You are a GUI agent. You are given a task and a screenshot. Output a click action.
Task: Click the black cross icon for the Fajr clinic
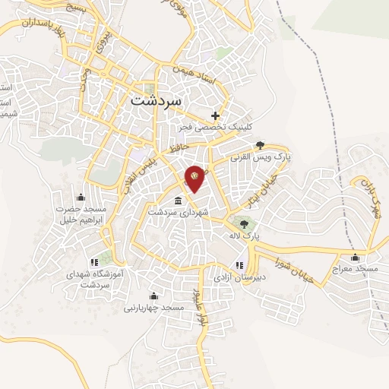(217, 116)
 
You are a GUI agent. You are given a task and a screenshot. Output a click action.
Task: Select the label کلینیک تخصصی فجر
(209, 127)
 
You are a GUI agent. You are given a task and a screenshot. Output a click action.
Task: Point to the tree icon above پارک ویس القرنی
(261, 144)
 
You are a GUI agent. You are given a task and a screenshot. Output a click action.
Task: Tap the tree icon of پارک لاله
(243, 223)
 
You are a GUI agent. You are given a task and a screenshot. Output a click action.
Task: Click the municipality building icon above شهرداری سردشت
(177, 201)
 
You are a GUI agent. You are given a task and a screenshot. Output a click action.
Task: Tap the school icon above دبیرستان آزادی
(240, 265)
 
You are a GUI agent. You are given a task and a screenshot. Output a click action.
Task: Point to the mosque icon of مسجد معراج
(355, 258)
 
